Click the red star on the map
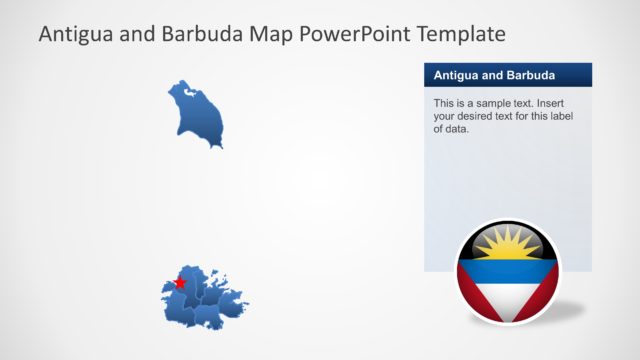coord(180,283)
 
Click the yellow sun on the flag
coord(508,244)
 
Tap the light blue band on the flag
coord(508,268)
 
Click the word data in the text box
coord(457,129)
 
